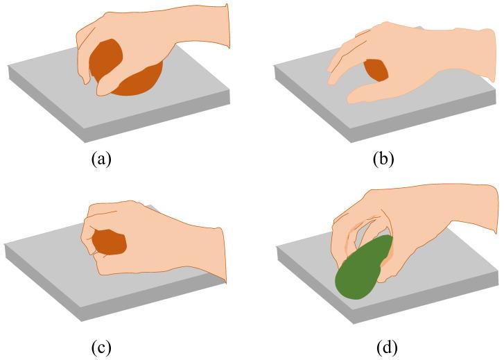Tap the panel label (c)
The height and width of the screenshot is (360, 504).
(x=101, y=344)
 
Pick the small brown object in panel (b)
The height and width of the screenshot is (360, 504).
(x=376, y=69)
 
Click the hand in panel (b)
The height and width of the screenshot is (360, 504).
(x=416, y=55)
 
